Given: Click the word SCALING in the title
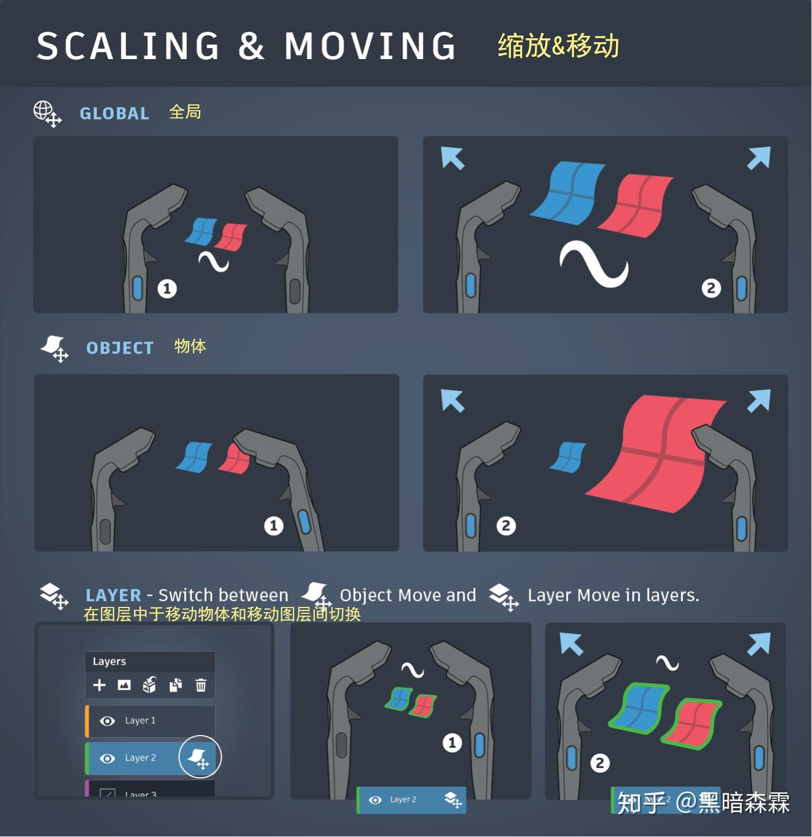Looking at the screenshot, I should point(128,46).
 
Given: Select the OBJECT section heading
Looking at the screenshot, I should point(120,348).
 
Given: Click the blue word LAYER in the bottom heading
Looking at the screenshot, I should point(113,595).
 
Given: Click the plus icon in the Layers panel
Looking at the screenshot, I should point(99,685).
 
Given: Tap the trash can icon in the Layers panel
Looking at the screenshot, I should point(201,685).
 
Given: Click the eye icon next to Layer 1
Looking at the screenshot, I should point(107,720).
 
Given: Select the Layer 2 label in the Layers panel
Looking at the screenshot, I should point(140,758).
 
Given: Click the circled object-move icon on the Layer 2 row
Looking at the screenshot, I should point(200,757).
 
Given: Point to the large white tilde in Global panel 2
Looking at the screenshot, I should point(593,264).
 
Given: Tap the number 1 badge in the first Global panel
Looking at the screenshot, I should point(167,289).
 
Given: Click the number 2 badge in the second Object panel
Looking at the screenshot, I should point(506,526).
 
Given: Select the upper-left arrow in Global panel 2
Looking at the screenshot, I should point(452,158).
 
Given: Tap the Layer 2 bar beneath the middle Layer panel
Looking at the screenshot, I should point(411,800).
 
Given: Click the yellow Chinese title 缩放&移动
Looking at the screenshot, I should point(558,46).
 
